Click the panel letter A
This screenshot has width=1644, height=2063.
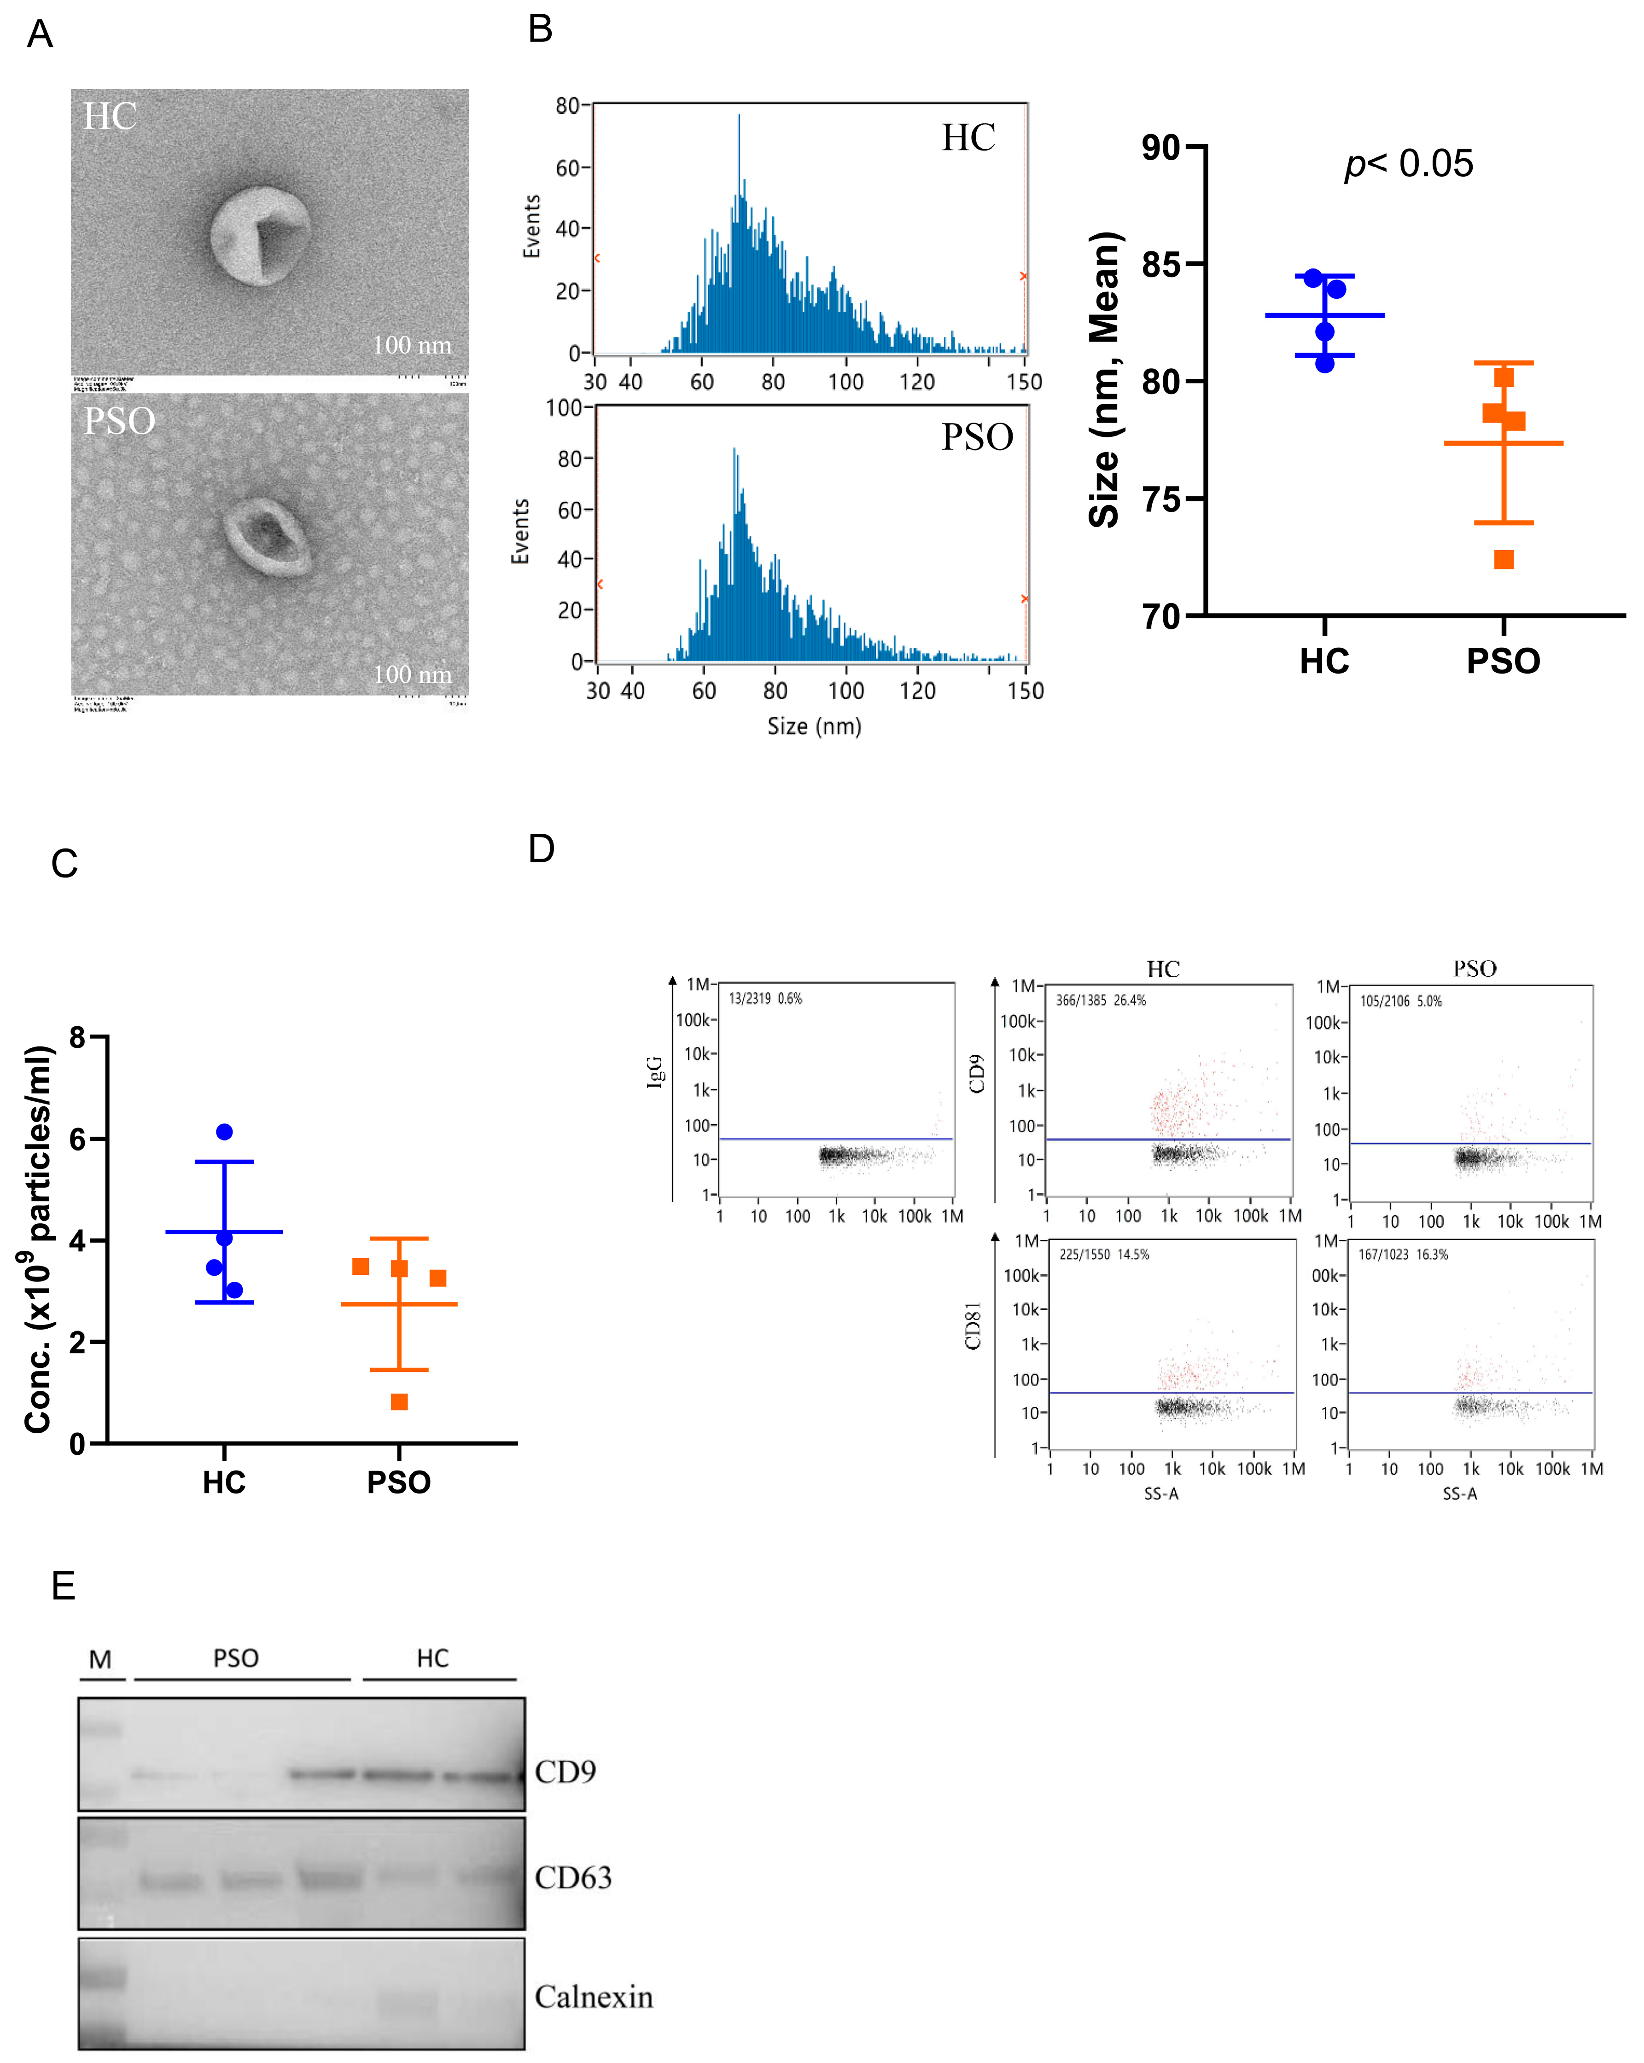39,35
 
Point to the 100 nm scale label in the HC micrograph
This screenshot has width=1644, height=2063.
412,345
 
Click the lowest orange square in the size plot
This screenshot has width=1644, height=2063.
1504,560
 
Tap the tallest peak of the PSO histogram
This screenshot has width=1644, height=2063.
735,450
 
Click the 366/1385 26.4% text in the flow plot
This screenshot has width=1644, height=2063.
1101,1000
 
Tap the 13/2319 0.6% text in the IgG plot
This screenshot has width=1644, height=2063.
765,998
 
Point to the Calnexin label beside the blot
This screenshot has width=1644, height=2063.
593,1997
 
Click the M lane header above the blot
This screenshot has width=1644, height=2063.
100,1659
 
